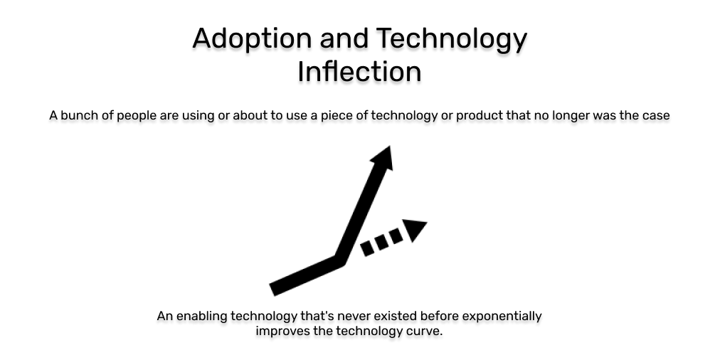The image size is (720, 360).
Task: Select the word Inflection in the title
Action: (x=359, y=72)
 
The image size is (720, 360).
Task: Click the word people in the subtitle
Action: (x=137, y=115)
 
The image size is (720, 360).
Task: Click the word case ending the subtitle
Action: (x=655, y=115)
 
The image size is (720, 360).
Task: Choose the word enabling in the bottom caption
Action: (x=203, y=316)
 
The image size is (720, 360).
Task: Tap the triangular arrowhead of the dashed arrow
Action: (x=415, y=230)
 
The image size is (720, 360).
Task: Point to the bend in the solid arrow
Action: (x=340, y=260)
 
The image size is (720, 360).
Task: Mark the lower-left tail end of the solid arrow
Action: (x=275, y=288)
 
